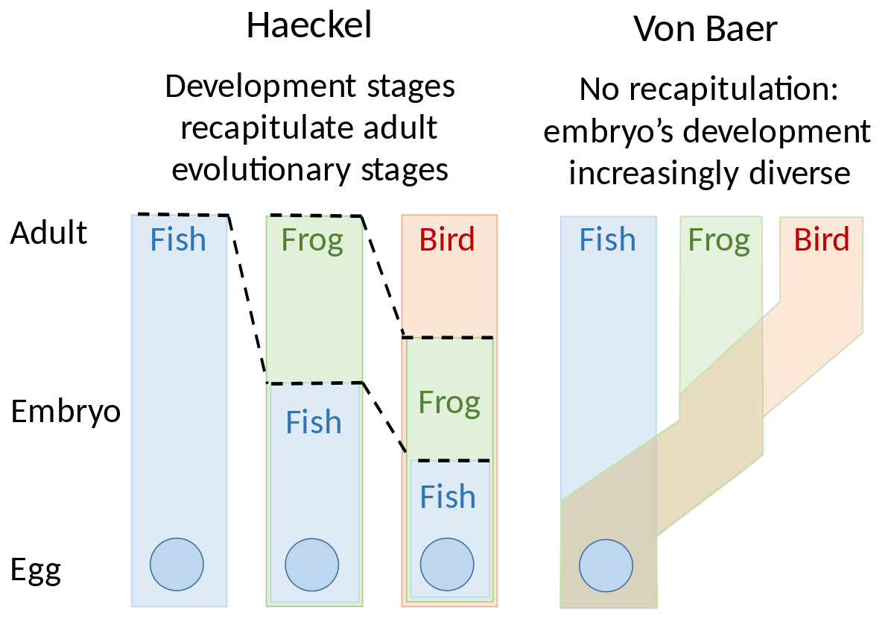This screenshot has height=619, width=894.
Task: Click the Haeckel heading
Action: [309, 25]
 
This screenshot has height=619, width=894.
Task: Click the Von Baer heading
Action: [706, 29]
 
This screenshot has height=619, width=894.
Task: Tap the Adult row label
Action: [48, 233]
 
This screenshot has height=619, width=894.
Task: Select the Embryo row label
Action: [66, 412]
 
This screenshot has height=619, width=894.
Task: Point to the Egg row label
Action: [36, 571]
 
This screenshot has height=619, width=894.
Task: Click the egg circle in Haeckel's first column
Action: [177, 564]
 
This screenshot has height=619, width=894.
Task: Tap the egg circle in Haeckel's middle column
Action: [311, 565]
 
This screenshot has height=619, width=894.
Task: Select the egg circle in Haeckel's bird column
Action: [447, 564]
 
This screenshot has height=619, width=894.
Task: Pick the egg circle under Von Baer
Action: [606, 565]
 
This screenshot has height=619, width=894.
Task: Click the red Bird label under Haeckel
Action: [447, 239]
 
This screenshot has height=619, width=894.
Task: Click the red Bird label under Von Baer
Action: [822, 239]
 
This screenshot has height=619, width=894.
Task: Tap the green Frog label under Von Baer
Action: [719, 241]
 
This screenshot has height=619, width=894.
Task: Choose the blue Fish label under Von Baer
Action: [607, 239]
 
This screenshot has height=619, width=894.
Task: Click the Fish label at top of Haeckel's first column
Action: [178, 239]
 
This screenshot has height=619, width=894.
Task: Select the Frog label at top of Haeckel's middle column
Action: [312, 241]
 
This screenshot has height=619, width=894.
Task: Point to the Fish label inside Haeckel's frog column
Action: [314, 421]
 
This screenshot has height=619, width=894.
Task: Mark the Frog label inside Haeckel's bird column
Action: [449, 403]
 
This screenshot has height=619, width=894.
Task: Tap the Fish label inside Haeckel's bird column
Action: [448, 497]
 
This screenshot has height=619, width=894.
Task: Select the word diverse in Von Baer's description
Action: [800, 173]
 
